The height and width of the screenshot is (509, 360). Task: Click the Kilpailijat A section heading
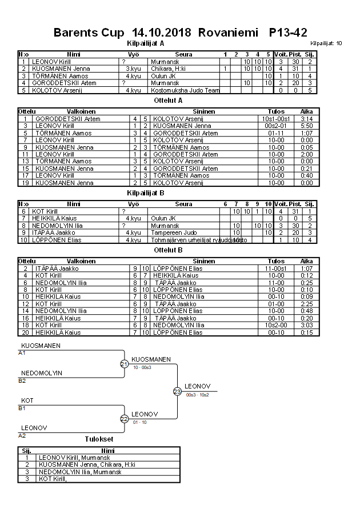click(145, 43)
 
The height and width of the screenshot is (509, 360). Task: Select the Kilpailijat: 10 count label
click(326, 43)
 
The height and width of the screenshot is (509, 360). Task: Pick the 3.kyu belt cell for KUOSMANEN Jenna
click(133, 69)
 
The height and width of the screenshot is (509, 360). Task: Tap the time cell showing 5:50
click(306, 126)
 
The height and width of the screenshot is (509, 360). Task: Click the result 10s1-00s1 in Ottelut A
click(276, 118)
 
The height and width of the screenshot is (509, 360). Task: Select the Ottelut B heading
click(168, 250)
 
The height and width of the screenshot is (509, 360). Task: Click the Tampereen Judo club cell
click(168, 233)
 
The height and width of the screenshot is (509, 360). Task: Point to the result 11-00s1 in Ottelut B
click(276, 268)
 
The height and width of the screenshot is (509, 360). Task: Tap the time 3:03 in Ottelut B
click(306, 325)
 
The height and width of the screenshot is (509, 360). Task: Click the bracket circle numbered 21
click(124, 364)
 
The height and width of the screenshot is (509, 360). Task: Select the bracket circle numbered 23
click(177, 391)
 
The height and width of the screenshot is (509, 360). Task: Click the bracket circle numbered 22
click(124, 419)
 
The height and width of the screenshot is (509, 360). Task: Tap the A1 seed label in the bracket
click(22, 352)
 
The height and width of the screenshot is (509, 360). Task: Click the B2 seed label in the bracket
click(22, 380)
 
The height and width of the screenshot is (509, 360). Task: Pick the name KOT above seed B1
click(27, 400)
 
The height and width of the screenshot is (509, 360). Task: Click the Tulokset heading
click(99, 439)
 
